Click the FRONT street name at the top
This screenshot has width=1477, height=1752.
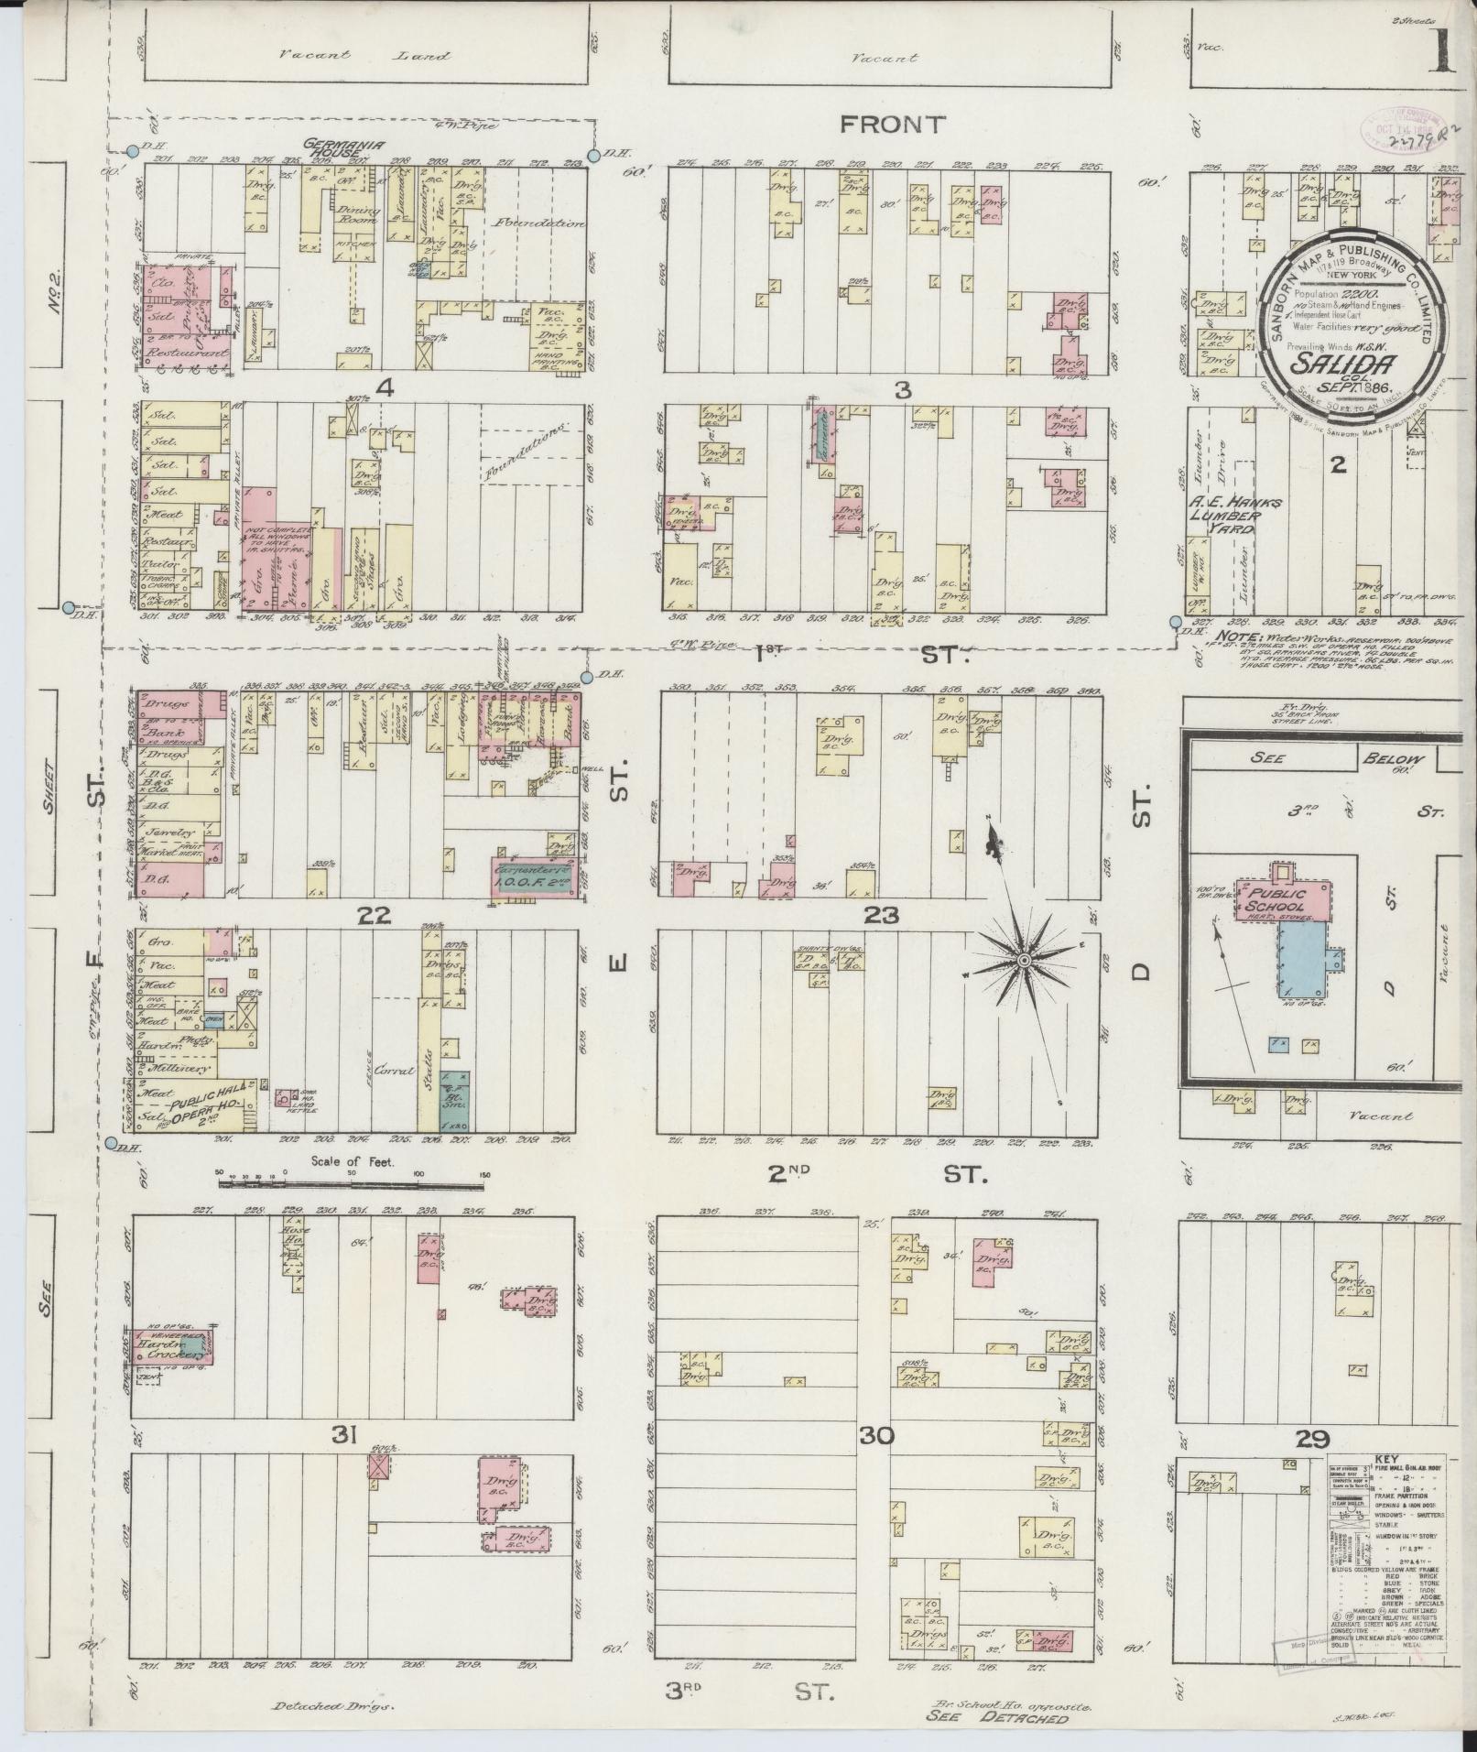(x=892, y=125)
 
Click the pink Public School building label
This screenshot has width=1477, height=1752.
(x=1280, y=899)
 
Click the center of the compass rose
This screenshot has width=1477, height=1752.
(x=1024, y=959)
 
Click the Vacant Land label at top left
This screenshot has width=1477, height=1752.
(x=364, y=55)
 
